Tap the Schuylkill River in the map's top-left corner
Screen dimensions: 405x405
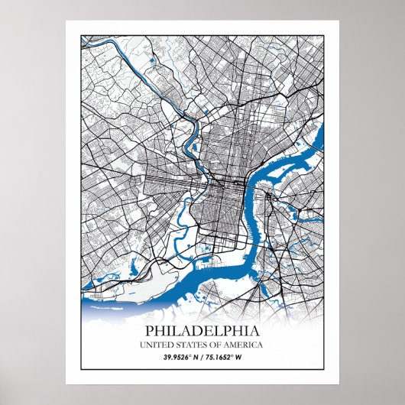pos(99,46)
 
